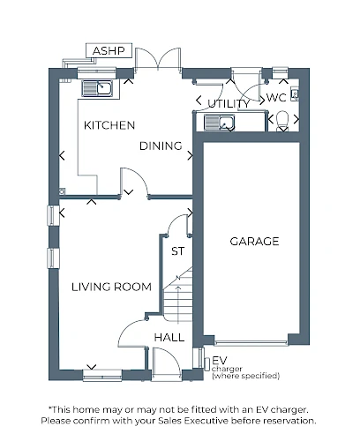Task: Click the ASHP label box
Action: point(109,50)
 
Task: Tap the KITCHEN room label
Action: point(109,125)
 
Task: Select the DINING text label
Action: point(161,146)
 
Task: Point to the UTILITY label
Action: point(229,103)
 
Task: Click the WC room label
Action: point(276,98)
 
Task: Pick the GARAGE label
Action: point(254,242)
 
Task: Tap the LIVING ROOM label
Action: point(111,287)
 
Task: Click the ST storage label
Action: point(178,251)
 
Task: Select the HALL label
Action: point(169,337)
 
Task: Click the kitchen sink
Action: point(97,88)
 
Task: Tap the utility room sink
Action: point(220,123)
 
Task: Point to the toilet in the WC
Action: point(283,121)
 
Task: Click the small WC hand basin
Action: point(295,93)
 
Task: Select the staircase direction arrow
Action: point(178,303)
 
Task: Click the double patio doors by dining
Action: point(158,59)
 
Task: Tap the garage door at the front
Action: point(251,343)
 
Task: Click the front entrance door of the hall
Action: point(166,364)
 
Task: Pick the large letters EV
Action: point(220,361)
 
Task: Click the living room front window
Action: point(102,376)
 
